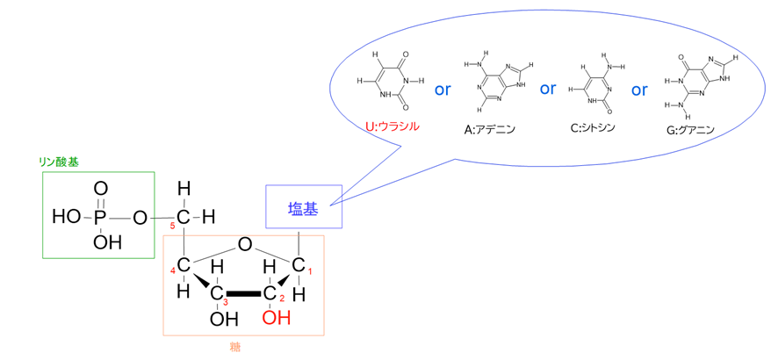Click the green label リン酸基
59,162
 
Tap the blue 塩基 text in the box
303,209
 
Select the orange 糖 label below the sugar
234,347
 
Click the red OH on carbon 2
277,317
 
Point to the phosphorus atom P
100,217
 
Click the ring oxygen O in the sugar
243,244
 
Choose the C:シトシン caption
593,128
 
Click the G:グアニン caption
690,131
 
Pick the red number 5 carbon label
173,227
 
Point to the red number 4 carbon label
173,270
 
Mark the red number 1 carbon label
309,271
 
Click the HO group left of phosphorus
67,217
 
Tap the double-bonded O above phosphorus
100,189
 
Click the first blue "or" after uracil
442,90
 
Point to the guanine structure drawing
699,85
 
